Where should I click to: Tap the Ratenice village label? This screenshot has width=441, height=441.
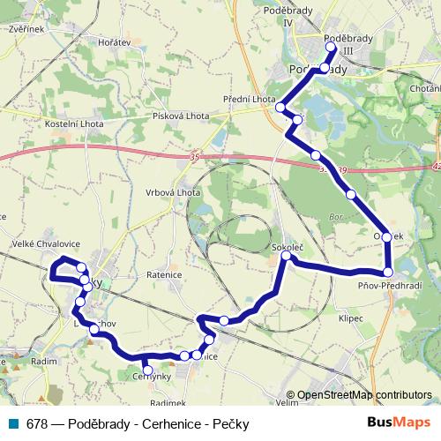(x=164, y=273)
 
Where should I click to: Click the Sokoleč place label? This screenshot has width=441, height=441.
(x=288, y=248)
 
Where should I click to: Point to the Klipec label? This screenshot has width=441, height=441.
(x=350, y=318)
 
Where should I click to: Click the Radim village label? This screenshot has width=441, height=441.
(x=43, y=362)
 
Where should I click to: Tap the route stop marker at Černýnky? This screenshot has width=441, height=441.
(x=147, y=370)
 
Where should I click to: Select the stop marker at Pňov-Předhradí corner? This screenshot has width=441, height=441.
(x=387, y=272)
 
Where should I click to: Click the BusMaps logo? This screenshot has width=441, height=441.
(x=400, y=422)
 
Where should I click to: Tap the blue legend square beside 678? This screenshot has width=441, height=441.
(x=14, y=423)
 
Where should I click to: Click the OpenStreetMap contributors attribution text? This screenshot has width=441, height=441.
(x=363, y=395)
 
